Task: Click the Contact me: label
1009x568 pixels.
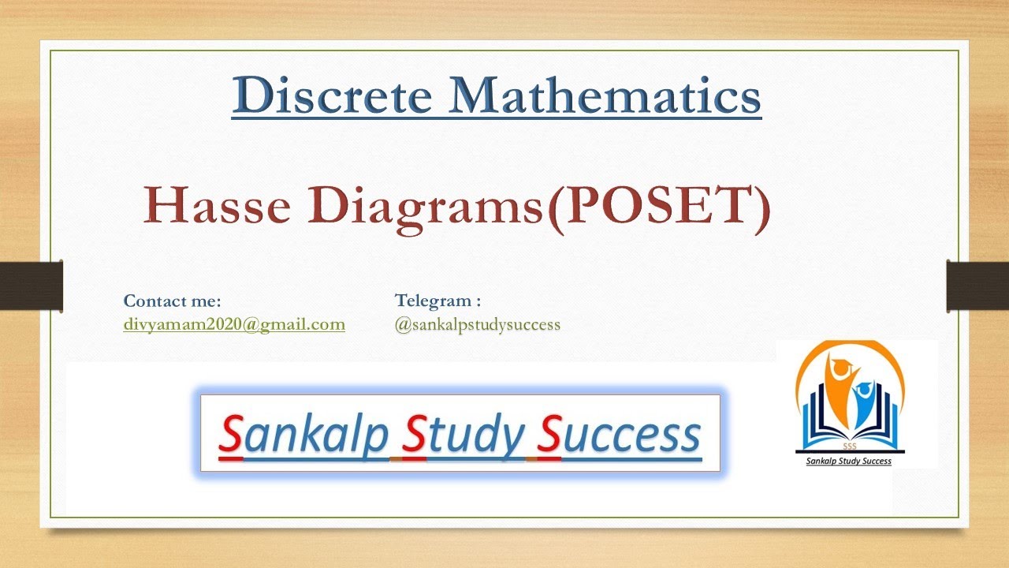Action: click(x=172, y=301)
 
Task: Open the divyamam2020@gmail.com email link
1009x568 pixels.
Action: click(x=234, y=324)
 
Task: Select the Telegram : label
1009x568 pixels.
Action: click(x=437, y=301)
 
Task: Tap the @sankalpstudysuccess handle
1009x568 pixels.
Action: click(x=478, y=324)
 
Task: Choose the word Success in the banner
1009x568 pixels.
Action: click(x=619, y=434)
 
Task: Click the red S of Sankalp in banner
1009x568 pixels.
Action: click(x=230, y=435)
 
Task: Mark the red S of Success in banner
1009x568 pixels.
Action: click(x=549, y=435)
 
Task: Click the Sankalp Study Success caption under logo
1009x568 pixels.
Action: click(x=848, y=461)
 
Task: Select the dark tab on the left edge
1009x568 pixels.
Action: click(x=32, y=284)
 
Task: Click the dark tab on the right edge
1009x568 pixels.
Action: click(x=977, y=284)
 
